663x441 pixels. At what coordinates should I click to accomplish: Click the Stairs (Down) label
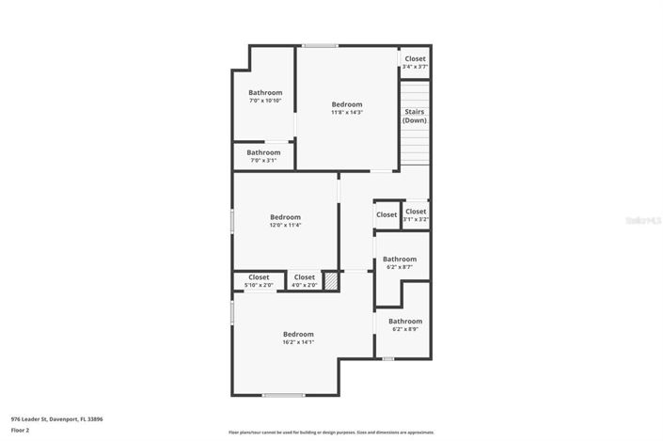[415, 117]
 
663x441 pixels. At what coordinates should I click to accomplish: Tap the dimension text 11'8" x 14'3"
[346, 113]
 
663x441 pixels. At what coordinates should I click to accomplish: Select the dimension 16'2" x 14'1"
[298, 342]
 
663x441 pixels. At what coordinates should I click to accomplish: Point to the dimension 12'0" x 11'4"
[285, 226]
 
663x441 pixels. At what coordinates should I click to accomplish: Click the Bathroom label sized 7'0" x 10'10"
[265, 92]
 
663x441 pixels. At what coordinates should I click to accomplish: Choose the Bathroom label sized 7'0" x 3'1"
[263, 152]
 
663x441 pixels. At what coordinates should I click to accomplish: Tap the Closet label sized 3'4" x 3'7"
[415, 58]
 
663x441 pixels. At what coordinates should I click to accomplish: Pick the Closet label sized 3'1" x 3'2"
[416, 212]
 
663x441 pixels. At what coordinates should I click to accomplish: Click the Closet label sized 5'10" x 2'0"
[259, 277]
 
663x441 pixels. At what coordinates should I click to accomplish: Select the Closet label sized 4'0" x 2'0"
[304, 277]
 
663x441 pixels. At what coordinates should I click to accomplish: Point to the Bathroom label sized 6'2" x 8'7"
[400, 259]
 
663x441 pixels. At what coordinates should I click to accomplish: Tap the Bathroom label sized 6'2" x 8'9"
[405, 321]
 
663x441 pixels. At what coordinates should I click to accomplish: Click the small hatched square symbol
[331, 280]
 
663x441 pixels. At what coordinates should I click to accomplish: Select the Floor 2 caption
[21, 430]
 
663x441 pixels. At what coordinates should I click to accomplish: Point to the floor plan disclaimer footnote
[331, 433]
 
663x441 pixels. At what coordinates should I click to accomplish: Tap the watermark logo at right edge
[643, 220]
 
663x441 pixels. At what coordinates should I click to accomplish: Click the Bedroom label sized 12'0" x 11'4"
[285, 217]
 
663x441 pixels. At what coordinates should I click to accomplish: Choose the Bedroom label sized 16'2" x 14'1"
[298, 334]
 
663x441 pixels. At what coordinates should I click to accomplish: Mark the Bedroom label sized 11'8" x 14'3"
[346, 104]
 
